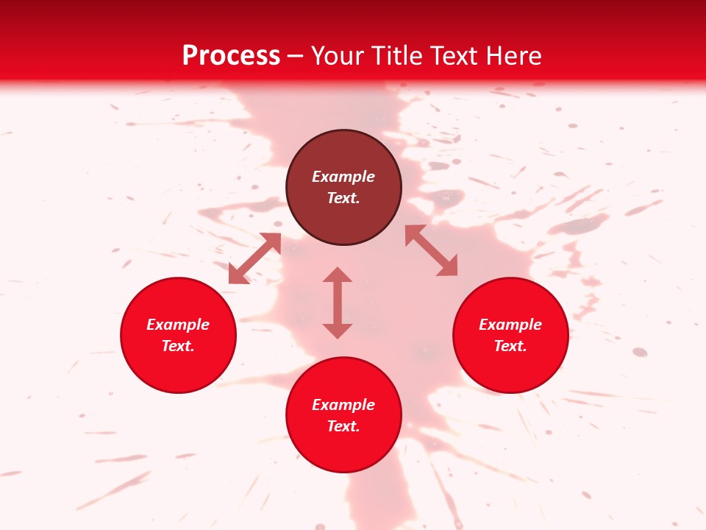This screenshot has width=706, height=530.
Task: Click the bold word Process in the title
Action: pos(231,56)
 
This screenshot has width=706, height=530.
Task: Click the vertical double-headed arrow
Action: pos(338,303)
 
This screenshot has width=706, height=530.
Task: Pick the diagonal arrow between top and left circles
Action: pos(254,258)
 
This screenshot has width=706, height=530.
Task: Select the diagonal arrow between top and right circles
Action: pos(432,250)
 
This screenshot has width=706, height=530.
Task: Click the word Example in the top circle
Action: pos(343,177)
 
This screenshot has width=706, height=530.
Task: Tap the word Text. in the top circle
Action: pos(343,198)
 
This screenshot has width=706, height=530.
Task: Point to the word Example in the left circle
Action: pos(178,325)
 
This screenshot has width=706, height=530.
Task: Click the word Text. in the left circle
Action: pos(178,346)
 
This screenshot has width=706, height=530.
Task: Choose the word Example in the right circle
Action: pos(510,325)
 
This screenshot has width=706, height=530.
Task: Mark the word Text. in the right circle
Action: pos(510,346)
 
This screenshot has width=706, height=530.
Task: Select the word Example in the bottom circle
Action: pos(343,405)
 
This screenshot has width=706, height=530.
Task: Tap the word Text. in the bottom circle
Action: pos(343,426)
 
